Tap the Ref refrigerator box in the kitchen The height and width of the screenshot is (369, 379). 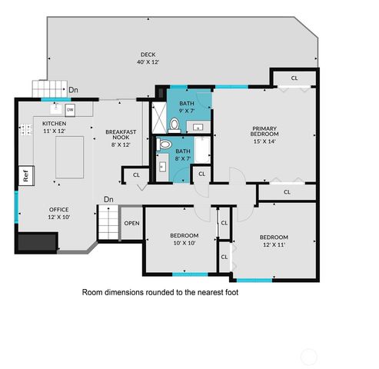pyautogui.click(x=25, y=175)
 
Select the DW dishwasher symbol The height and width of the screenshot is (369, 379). pyautogui.click(x=69, y=109)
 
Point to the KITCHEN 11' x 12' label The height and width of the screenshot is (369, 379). pyautogui.click(x=54, y=128)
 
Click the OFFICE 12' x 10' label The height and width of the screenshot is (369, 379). pyautogui.click(x=59, y=213)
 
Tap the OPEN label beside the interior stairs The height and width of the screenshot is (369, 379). pyautogui.click(x=131, y=224)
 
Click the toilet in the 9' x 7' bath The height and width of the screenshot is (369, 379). pyautogui.click(x=175, y=124)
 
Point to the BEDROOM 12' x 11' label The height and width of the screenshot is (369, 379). pyautogui.click(x=274, y=241)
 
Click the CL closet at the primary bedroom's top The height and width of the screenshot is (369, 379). pyautogui.click(x=294, y=78)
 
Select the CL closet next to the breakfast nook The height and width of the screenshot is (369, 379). pyautogui.click(x=136, y=175)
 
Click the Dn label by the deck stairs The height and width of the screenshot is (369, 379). pyautogui.click(x=73, y=90)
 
